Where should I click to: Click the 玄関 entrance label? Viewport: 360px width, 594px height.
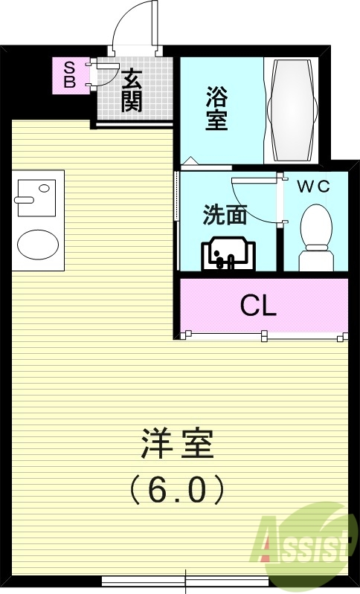pos(132,90)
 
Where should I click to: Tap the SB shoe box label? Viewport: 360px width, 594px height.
pos(69,75)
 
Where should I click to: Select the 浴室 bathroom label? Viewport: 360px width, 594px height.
pos(216,109)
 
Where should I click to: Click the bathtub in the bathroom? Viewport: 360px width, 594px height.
pos(292,109)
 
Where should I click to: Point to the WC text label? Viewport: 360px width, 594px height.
pos(313,187)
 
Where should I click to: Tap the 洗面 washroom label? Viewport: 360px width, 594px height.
pos(225,214)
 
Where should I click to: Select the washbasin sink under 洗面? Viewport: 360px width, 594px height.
pos(227,254)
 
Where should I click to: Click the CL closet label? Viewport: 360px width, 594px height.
pos(258,305)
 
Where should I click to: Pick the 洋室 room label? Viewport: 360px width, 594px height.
pos(177,445)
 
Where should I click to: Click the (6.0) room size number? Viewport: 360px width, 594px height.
pos(177,488)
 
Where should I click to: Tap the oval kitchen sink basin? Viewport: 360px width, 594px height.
pos(37,243)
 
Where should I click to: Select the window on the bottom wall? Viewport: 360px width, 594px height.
pos(185,580)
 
